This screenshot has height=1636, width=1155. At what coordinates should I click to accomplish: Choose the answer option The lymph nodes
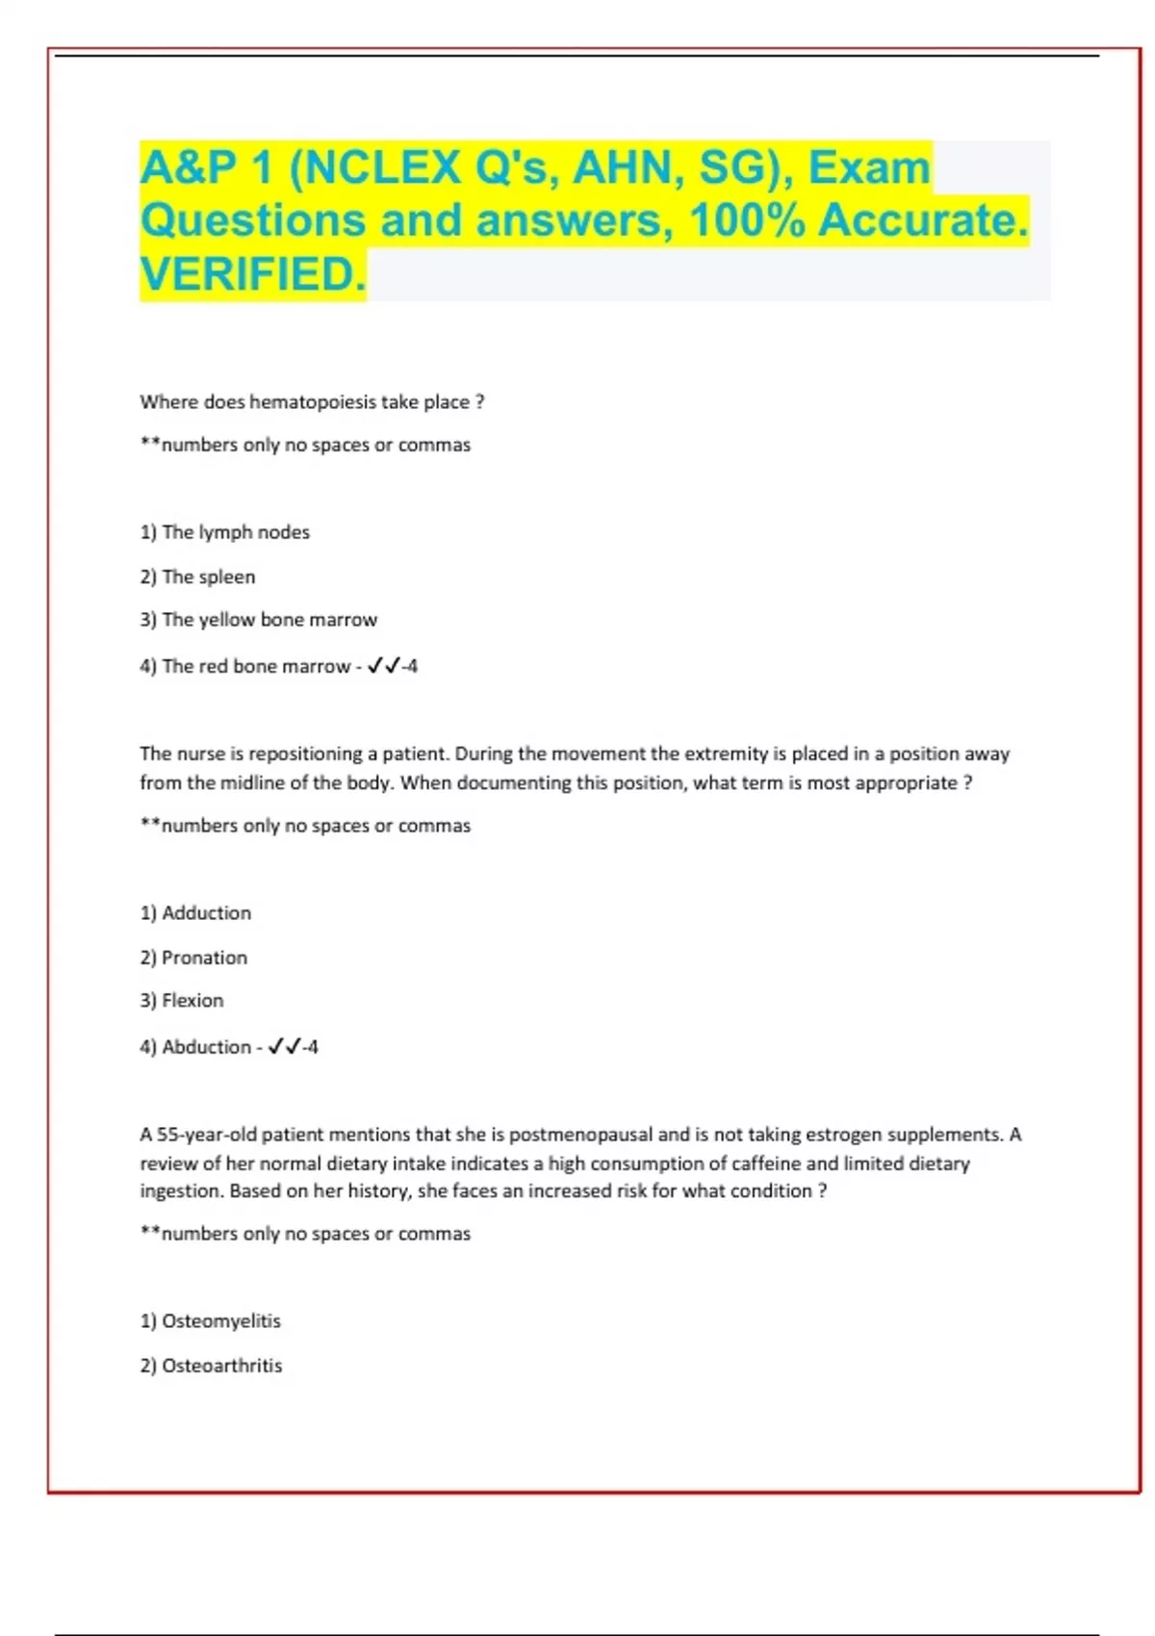[x=235, y=532]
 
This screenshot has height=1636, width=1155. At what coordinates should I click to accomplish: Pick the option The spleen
[x=208, y=577]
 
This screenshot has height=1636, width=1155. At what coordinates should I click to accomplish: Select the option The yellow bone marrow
[x=269, y=620]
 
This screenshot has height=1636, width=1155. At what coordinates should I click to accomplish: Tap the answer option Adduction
[x=206, y=913]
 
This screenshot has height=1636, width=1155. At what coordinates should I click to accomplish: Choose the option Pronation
[x=204, y=958]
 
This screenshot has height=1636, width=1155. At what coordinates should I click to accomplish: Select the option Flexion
[x=192, y=1001]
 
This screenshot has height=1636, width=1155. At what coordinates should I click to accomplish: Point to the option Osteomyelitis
[x=220, y=1321]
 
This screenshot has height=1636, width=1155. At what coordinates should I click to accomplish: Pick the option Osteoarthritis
[x=221, y=1366]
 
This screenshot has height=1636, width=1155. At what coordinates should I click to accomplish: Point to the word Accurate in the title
[x=922, y=220]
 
